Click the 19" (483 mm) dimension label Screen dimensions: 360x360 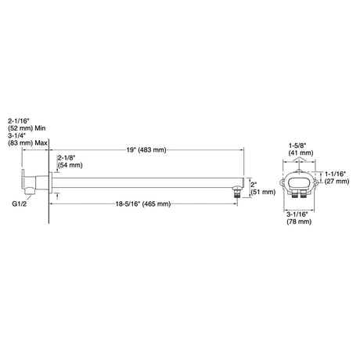coord(146,150)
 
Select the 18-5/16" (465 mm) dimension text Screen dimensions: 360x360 coord(143,203)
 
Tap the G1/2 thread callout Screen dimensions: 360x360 coord(20,203)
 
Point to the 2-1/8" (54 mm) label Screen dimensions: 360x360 coord(70,161)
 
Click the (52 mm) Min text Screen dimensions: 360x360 coord(27,128)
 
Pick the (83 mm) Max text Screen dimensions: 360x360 coord(27,143)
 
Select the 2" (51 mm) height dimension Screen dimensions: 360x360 coord(263,189)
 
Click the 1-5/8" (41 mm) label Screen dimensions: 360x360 coord(301,149)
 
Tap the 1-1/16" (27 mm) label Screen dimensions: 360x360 coord(337,178)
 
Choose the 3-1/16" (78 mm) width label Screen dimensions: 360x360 coord(299,218)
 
